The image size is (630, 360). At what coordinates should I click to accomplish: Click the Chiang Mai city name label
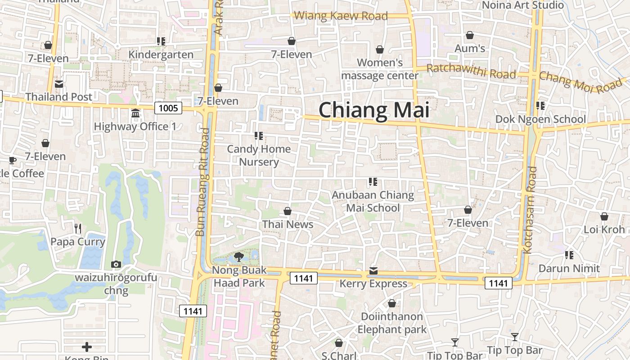(374, 110)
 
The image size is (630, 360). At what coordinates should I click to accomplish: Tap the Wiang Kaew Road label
(340, 16)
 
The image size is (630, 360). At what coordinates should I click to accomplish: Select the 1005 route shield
(168, 108)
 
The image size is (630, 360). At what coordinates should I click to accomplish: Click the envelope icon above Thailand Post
(58, 84)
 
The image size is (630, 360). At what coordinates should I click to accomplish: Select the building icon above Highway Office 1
(135, 113)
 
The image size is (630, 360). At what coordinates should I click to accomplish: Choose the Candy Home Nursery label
(259, 155)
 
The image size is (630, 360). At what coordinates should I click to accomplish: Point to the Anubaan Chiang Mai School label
(373, 201)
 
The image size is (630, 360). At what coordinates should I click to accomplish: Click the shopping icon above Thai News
(288, 211)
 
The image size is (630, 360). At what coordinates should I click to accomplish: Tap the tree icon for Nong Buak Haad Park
(239, 257)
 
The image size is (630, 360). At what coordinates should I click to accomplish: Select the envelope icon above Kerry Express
(373, 271)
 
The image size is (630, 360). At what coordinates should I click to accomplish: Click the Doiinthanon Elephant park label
(391, 323)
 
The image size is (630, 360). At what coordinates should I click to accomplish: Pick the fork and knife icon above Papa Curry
(78, 229)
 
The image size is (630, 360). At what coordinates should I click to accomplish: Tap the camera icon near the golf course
(116, 264)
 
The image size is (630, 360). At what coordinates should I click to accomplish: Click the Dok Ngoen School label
(540, 119)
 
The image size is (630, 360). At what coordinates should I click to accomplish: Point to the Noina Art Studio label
(522, 5)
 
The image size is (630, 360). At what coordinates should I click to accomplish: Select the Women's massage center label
(380, 69)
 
